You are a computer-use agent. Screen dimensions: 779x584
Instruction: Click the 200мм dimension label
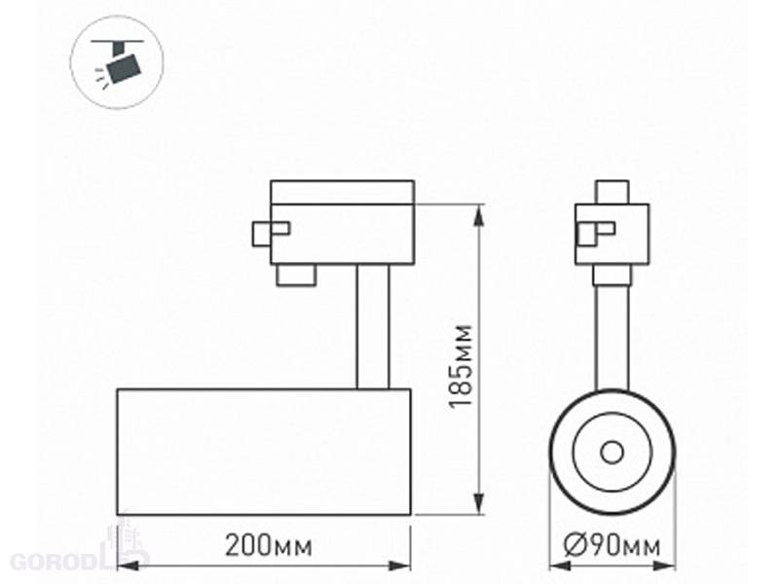[x=269, y=546]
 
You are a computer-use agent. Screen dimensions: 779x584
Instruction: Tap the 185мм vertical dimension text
[x=460, y=366]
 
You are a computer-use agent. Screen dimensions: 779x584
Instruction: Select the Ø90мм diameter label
[x=612, y=546]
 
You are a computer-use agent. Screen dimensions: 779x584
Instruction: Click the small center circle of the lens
[x=612, y=453]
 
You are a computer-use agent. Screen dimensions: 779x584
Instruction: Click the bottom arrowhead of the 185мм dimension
[x=479, y=503]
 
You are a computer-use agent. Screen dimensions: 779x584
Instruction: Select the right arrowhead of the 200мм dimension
[x=399, y=566]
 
